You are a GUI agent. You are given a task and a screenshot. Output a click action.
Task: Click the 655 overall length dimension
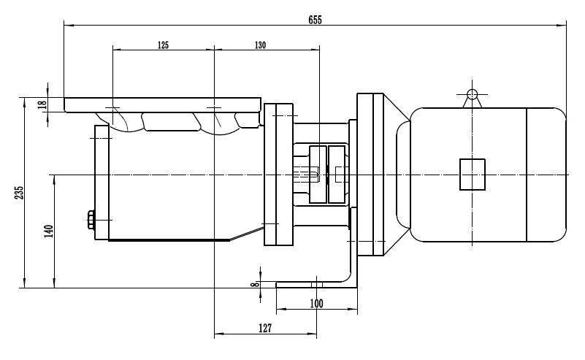pyautogui.click(x=316, y=20)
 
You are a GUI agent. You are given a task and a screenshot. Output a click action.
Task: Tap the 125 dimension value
pyautogui.click(x=163, y=45)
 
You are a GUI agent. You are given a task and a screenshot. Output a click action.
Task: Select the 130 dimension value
pyautogui.click(x=260, y=45)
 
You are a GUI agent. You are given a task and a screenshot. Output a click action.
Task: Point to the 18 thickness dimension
pyautogui.click(x=42, y=104)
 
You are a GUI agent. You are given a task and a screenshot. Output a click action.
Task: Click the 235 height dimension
pyautogui.click(x=20, y=192)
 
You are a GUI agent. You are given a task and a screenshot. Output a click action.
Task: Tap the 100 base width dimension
pyautogui.click(x=316, y=303)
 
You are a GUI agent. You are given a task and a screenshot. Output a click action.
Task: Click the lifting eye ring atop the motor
pyautogui.click(x=472, y=93)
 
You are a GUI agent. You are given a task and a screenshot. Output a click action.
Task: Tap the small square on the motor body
pyautogui.click(x=473, y=175)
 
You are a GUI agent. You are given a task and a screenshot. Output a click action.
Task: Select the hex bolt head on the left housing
pyautogui.click(x=91, y=220)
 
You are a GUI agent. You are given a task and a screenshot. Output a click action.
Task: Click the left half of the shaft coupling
pyautogui.click(x=317, y=174)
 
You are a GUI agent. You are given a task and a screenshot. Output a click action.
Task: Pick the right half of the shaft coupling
pyautogui.click(x=337, y=174)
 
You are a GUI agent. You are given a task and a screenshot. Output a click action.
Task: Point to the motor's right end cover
pyautogui.click(x=546, y=175)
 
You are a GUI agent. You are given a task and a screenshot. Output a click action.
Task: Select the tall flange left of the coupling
pyautogui.click(x=278, y=174)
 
